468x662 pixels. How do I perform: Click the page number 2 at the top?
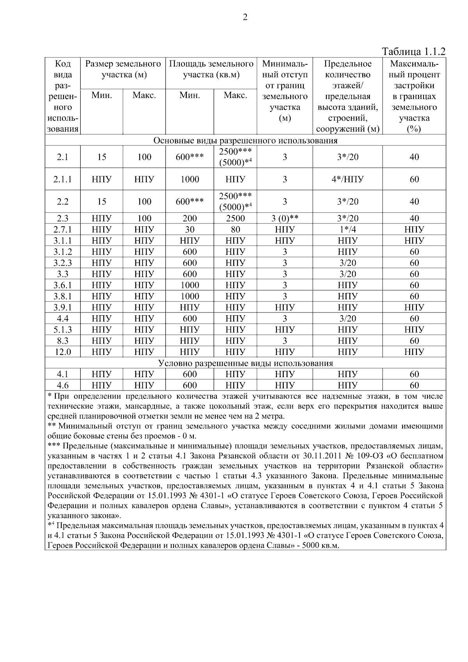[x=245, y=17]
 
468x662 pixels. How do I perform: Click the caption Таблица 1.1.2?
[x=413, y=51]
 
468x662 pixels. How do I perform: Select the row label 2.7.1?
[x=62, y=229]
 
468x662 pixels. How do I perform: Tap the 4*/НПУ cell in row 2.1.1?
[x=347, y=179]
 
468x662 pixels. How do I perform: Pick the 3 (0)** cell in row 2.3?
[x=284, y=218]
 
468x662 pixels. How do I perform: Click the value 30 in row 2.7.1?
[x=190, y=229]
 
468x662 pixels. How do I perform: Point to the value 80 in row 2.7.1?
[x=235, y=229]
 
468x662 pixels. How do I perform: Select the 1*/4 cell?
[x=347, y=229]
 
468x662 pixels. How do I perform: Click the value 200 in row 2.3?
[x=190, y=218]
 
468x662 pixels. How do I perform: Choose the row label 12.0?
[x=62, y=352]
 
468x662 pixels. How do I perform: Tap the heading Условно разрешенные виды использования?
[x=245, y=363]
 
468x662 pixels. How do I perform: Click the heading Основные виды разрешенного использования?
[x=245, y=140]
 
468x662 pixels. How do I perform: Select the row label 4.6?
[x=62, y=385]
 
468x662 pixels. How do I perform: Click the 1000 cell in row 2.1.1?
[x=190, y=179]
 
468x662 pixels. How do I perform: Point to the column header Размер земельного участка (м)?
[x=123, y=69]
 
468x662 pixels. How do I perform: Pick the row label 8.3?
[x=62, y=341]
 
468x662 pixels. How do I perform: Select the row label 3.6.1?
[x=62, y=285]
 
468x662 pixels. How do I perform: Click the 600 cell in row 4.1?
[x=190, y=374]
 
